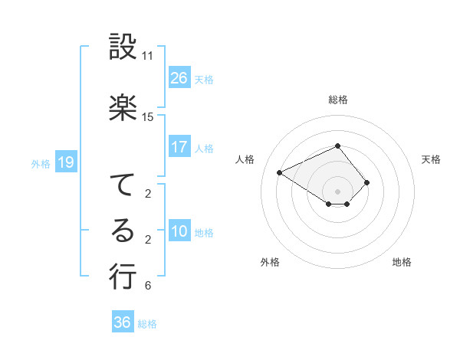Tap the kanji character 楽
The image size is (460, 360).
[x=123, y=108]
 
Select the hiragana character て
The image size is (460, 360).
[x=123, y=185]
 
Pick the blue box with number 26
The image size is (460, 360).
[x=179, y=78]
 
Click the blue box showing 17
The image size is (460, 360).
[x=179, y=147]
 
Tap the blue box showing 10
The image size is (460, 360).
[x=179, y=232]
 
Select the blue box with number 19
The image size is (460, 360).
[x=65, y=162]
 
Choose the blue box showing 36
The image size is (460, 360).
[x=123, y=322]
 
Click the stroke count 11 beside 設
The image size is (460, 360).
[x=147, y=56]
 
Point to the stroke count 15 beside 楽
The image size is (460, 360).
[x=147, y=117]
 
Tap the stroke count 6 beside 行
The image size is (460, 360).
[x=147, y=286]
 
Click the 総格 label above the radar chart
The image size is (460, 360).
[x=337, y=100]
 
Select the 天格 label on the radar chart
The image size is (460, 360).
[x=431, y=159]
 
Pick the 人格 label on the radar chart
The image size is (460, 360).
[x=245, y=159]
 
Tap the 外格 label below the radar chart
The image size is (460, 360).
[x=270, y=262]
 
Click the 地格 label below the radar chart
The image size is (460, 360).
[x=402, y=262]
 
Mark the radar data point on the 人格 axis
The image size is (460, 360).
[x=280, y=172]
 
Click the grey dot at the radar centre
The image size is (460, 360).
[x=337, y=191]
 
